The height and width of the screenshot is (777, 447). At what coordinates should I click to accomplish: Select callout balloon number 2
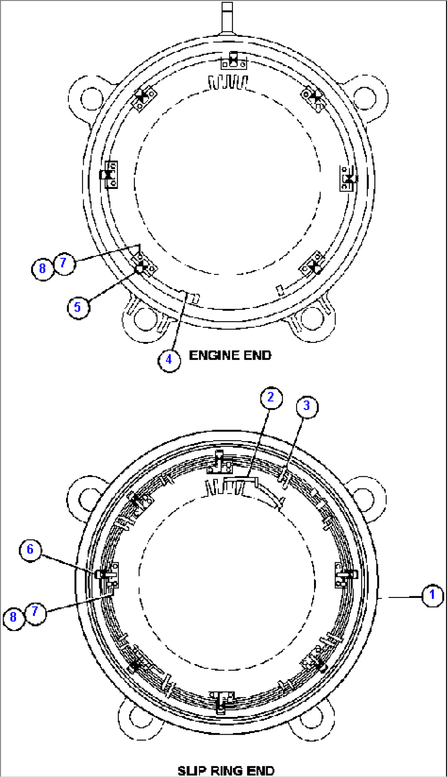271,398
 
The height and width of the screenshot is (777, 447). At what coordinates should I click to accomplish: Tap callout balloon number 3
307,407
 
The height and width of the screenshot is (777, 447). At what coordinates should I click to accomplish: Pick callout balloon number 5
78,307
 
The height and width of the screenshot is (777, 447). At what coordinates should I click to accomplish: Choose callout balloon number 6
30,549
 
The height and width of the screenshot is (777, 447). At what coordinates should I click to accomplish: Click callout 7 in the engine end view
64,263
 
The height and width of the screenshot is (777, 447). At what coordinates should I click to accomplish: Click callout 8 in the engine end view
42,269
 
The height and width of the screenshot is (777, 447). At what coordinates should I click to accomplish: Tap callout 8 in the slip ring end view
13,617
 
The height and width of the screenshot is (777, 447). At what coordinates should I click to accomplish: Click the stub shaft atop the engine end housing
227,16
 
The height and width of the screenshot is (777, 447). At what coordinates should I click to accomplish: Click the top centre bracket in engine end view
233,61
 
